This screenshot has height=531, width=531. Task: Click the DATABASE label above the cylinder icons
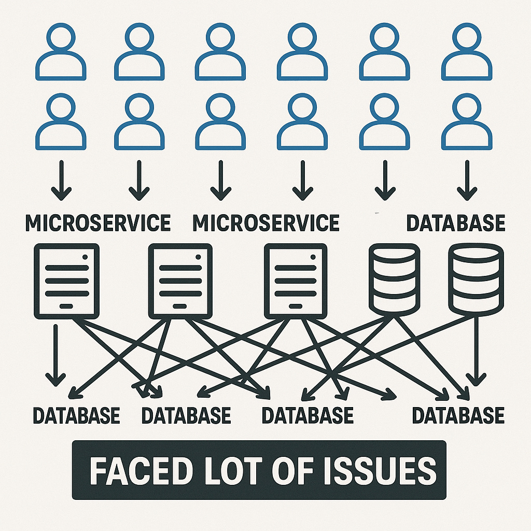click(x=455, y=222)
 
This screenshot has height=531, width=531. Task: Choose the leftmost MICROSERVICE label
click(x=98, y=222)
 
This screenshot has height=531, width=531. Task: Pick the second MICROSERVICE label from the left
click(x=265, y=222)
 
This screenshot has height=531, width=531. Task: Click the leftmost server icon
click(x=66, y=281)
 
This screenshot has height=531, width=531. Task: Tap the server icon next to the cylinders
click(x=296, y=281)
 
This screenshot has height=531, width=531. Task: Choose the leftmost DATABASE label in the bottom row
click(x=76, y=415)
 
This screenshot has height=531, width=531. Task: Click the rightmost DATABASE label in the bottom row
click(x=458, y=415)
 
